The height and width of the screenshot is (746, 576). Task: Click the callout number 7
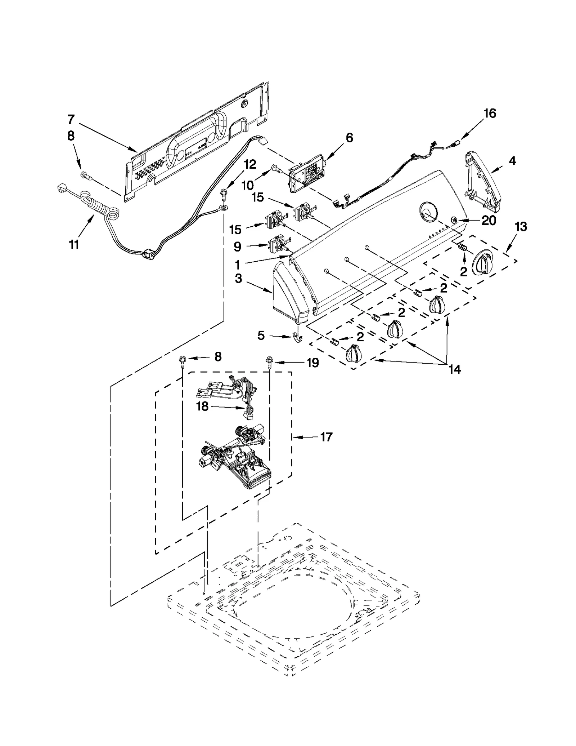pos(71,119)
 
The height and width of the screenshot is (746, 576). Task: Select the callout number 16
pos(490,113)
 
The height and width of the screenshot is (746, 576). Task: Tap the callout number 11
pos(73,245)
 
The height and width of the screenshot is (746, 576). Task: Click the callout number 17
pos(326,437)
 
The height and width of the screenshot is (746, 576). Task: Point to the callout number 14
pos(455,369)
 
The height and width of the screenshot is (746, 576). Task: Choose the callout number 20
pos(489,220)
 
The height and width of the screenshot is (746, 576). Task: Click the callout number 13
pos(521,226)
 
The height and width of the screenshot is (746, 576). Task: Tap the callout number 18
pos(202,406)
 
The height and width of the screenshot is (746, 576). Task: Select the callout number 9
pos(237,247)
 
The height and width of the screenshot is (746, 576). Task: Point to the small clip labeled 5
pos(297,338)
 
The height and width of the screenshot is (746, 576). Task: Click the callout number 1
pos(237,265)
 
